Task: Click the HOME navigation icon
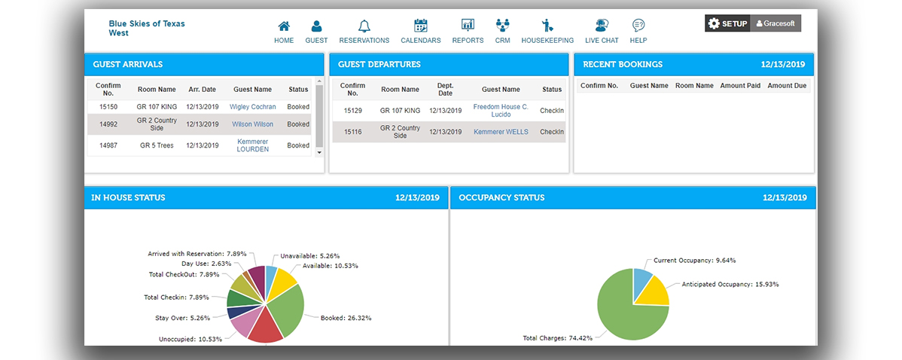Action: (x=284, y=26)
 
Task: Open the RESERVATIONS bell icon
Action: (x=364, y=26)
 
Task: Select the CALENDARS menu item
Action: (x=421, y=26)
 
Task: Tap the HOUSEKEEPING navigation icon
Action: (x=547, y=26)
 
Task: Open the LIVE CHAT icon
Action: (x=602, y=26)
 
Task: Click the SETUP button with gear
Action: (x=727, y=23)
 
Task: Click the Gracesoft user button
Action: (x=775, y=23)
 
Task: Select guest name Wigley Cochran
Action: (x=252, y=107)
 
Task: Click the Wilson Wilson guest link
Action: (x=252, y=124)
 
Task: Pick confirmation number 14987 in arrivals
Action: (x=108, y=145)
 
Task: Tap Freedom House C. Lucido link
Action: (x=501, y=111)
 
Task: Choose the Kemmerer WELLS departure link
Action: (x=501, y=132)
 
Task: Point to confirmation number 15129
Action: (x=352, y=111)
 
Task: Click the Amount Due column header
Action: (x=786, y=86)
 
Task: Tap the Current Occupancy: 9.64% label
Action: (x=694, y=261)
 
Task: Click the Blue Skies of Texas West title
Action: (x=146, y=29)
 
